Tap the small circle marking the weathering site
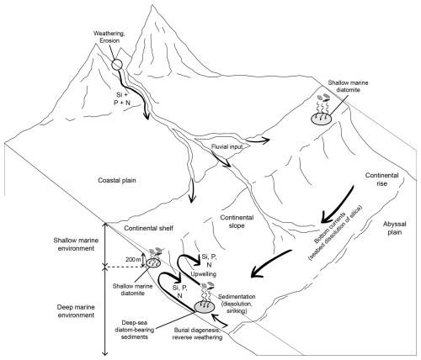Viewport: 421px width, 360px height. click(x=117, y=61)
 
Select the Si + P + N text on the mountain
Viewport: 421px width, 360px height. click(x=122, y=98)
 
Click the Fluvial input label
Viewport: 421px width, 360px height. click(x=227, y=146)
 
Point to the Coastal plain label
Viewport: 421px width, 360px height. click(x=117, y=180)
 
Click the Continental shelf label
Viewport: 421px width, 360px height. click(x=149, y=228)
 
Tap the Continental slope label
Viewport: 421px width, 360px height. click(x=237, y=221)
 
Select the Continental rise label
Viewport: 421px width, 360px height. click(x=381, y=179)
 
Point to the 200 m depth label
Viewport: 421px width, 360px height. click(x=133, y=260)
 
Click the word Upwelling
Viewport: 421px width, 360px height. click(x=204, y=273)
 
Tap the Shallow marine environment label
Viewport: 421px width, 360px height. click(x=77, y=244)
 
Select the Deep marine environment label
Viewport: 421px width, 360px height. click(x=76, y=311)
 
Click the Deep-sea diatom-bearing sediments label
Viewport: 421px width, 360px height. click(x=135, y=330)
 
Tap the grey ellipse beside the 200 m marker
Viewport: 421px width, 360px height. click(x=153, y=263)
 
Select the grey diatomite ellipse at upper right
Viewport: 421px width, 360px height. click(x=321, y=119)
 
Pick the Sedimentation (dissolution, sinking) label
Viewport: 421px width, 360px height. click(x=237, y=304)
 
